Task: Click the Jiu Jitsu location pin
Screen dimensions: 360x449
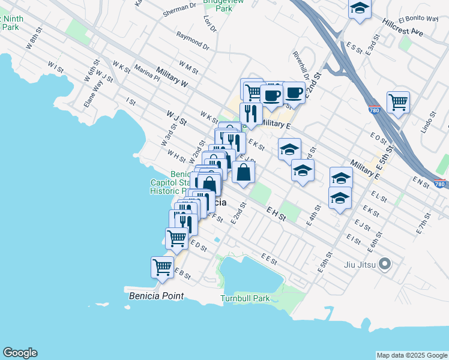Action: [x=385, y=263]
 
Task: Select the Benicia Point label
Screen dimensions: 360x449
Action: [x=155, y=296]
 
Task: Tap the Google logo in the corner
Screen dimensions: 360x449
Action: [x=20, y=353]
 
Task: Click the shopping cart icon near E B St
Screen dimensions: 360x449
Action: [x=162, y=267]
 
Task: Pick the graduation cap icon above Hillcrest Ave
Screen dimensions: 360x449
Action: [x=359, y=8]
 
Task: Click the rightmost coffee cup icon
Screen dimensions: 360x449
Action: [x=294, y=92]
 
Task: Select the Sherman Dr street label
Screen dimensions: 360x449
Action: [x=181, y=8]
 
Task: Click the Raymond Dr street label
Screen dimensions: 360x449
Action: [x=193, y=41]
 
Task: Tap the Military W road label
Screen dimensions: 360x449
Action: [x=171, y=78]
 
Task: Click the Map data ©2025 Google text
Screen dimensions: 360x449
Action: [x=412, y=355]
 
